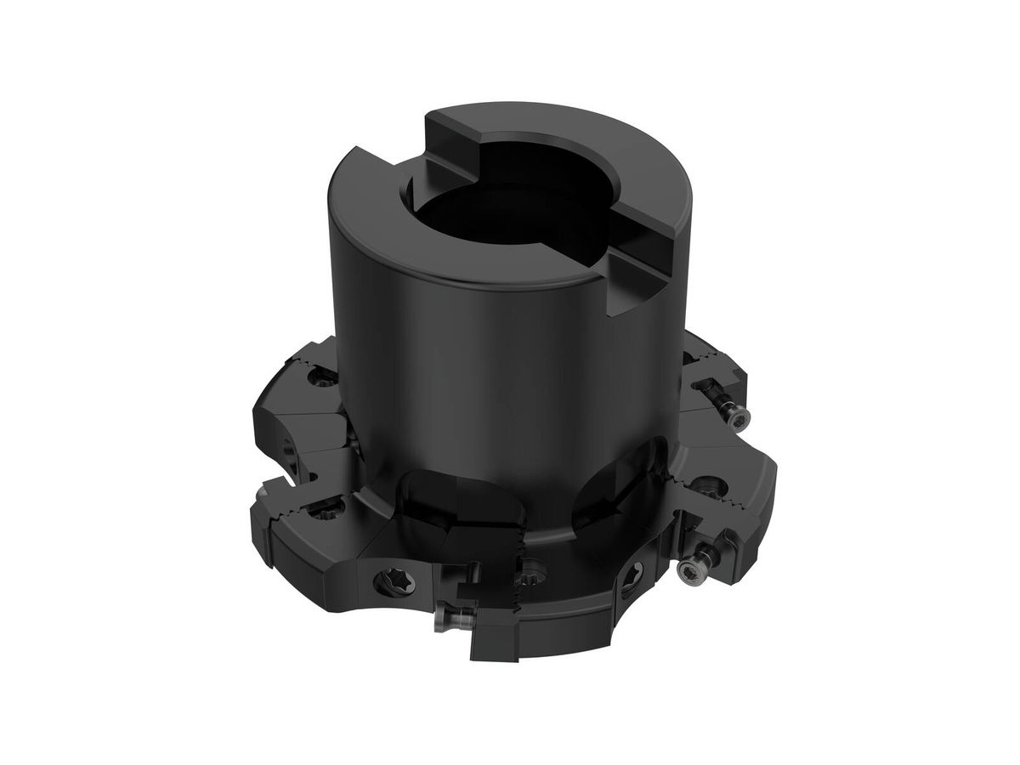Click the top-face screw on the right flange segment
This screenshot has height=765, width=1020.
pyautogui.click(x=708, y=490)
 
